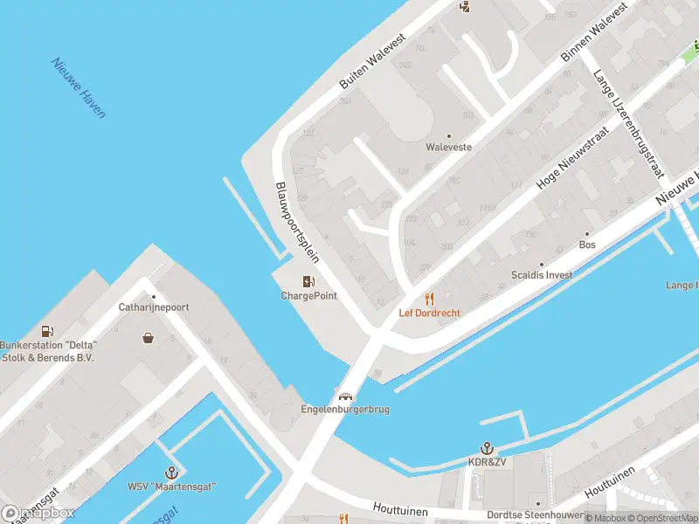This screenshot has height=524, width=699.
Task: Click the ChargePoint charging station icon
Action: (x=308, y=281)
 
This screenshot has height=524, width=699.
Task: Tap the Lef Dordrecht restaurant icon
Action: (x=429, y=298)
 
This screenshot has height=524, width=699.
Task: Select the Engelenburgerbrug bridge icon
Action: (x=345, y=395)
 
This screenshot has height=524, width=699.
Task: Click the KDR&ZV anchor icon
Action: (x=488, y=447)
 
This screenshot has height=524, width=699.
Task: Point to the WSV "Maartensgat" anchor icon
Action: (x=172, y=472)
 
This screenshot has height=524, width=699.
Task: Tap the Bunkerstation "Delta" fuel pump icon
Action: (x=47, y=331)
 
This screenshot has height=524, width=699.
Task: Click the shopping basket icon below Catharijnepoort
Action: (x=149, y=337)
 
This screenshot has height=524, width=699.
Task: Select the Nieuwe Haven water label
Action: (x=78, y=88)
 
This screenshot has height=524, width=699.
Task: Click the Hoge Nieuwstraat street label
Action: (x=559, y=164)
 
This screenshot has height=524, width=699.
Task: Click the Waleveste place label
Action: (x=448, y=148)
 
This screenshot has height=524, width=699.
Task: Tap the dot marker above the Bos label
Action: (x=587, y=234)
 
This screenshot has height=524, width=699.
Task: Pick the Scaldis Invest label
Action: (x=542, y=275)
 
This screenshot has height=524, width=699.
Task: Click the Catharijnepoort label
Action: (x=154, y=307)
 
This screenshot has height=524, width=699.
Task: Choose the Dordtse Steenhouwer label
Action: (x=535, y=515)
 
